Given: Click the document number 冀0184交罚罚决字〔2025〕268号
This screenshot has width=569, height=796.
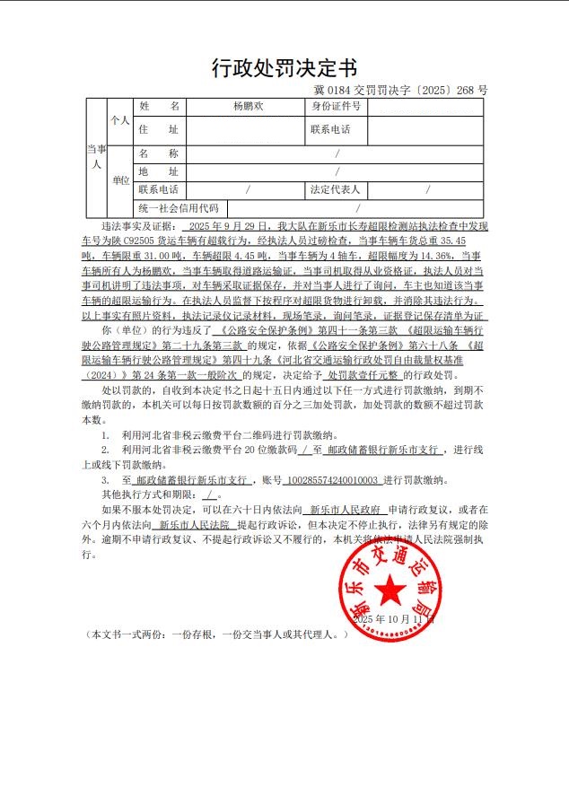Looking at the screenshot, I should tap(400, 90).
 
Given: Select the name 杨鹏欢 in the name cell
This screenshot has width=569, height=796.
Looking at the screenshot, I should tap(249, 107).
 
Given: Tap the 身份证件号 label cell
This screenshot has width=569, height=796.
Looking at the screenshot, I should tap(337, 107).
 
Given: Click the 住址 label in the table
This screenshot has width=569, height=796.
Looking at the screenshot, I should tap(159, 129).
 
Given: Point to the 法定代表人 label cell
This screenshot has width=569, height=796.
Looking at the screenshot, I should tap(336, 190).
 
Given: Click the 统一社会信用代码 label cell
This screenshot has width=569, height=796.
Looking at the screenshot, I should tap(178, 208).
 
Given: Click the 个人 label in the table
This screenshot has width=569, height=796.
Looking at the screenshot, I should tap(119, 119).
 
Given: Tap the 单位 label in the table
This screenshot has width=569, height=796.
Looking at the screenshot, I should tap(119, 180).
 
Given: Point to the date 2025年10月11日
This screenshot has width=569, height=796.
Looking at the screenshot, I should tap(393, 619).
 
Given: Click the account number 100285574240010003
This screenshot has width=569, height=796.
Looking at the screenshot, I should tap(332, 480).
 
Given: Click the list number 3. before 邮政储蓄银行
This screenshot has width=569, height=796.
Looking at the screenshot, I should tap(105, 480).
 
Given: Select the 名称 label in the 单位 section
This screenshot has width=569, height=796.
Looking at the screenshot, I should tap(159, 153).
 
